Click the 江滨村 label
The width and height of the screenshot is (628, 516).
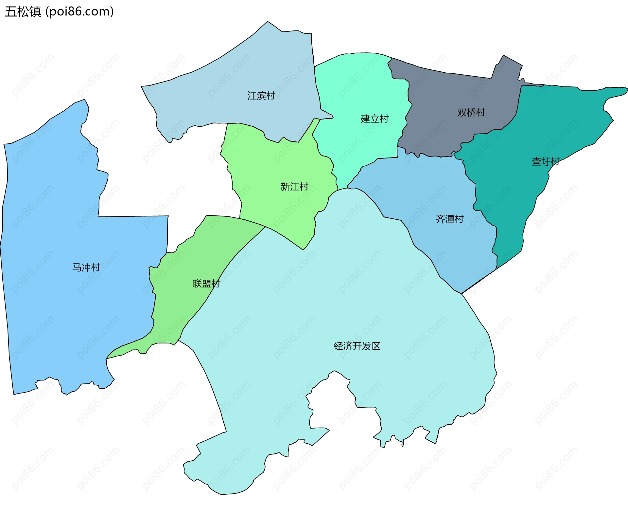(x=261, y=96)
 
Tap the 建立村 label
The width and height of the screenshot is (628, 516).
(x=375, y=119)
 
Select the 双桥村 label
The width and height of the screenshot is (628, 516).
(x=471, y=113)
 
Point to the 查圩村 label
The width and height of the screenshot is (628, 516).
(x=545, y=161)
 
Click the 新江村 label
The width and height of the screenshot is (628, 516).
(x=294, y=187)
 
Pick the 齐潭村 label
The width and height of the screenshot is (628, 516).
(x=449, y=219)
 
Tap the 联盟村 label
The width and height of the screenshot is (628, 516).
(x=206, y=284)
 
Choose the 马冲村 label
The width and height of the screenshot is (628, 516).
(x=86, y=267)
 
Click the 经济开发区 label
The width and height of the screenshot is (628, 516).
(x=357, y=346)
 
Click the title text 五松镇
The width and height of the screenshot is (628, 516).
(x=23, y=11)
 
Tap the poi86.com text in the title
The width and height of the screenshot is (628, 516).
(x=79, y=11)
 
